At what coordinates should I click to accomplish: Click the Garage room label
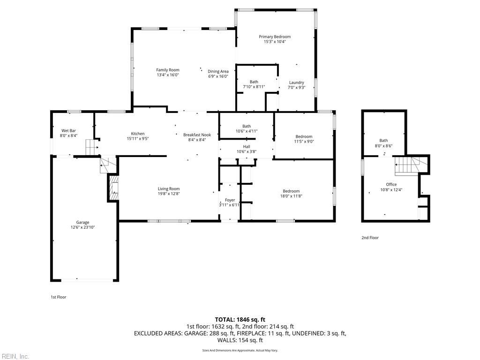(83, 222)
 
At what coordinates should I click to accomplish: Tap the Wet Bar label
(68, 131)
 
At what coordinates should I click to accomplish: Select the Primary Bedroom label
(275, 37)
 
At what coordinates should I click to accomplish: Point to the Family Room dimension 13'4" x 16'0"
(168, 75)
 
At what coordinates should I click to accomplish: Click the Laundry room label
(296, 82)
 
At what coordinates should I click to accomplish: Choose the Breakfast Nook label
(197, 135)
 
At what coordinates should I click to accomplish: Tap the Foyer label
(230, 200)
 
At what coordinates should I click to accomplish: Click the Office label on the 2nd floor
(391, 184)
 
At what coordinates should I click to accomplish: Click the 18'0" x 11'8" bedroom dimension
(291, 196)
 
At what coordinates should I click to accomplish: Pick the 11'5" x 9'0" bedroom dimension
(304, 142)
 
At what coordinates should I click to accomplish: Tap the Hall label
(247, 146)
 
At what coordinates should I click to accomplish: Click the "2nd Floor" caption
(370, 238)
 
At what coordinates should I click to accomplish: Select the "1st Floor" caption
(59, 297)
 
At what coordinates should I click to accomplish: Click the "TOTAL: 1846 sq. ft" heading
(240, 320)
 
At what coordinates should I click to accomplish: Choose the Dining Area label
(218, 71)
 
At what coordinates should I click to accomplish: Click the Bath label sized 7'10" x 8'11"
(254, 82)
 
